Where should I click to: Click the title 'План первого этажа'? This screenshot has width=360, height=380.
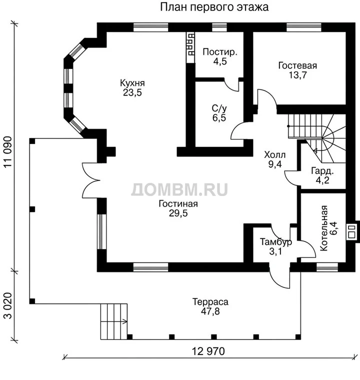(x=214, y=7)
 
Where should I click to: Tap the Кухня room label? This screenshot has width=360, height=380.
(x=132, y=83)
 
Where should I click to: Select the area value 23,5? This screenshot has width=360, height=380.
(x=132, y=92)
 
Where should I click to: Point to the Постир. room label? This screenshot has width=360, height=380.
(x=220, y=52)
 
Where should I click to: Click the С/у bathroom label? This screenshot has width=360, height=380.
(x=219, y=108)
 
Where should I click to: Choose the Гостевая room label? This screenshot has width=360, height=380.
(x=297, y=65)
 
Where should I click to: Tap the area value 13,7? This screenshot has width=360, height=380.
(x=297, y=75)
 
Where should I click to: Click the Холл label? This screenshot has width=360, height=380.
(x=274, y=154)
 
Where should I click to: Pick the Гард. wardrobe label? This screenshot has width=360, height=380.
(x=322, y=171)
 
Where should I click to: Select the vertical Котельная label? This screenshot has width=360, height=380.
(x=324, y=228)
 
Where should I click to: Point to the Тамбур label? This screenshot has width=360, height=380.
(x=276, y=242)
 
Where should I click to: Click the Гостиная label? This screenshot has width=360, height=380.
(x=178, y=204)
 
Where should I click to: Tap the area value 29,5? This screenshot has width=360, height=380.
(x=178, y=213)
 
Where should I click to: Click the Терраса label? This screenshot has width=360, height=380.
(x=210, y=302)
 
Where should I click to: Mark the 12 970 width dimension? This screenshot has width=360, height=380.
(x=208, y=351)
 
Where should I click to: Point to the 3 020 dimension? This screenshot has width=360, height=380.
(x=8, y=305)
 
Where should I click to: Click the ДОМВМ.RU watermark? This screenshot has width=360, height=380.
(x=179, y=189)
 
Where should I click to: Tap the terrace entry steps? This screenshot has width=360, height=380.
(x=114, y=321)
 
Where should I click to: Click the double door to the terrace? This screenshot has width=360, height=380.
(x=91, y=180)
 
